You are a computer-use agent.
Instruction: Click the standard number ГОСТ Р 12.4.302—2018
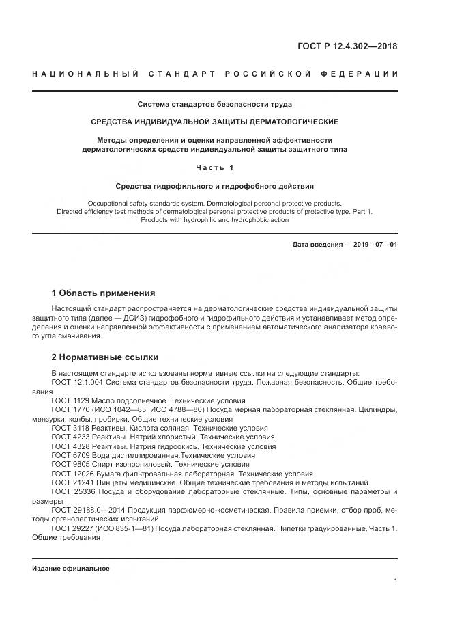pos(347,47)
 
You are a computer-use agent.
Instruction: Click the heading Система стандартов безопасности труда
pos(215,105)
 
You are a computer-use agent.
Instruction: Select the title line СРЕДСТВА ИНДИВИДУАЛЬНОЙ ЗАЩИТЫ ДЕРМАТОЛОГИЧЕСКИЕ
pos(215,122)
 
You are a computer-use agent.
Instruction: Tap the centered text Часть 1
pos(215,167)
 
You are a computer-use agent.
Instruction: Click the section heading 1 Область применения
pos(103,293)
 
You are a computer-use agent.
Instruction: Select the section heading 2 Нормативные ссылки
pos(104,357)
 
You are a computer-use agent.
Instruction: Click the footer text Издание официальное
pos(70,569)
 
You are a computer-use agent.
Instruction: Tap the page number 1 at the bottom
pos(395,581)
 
